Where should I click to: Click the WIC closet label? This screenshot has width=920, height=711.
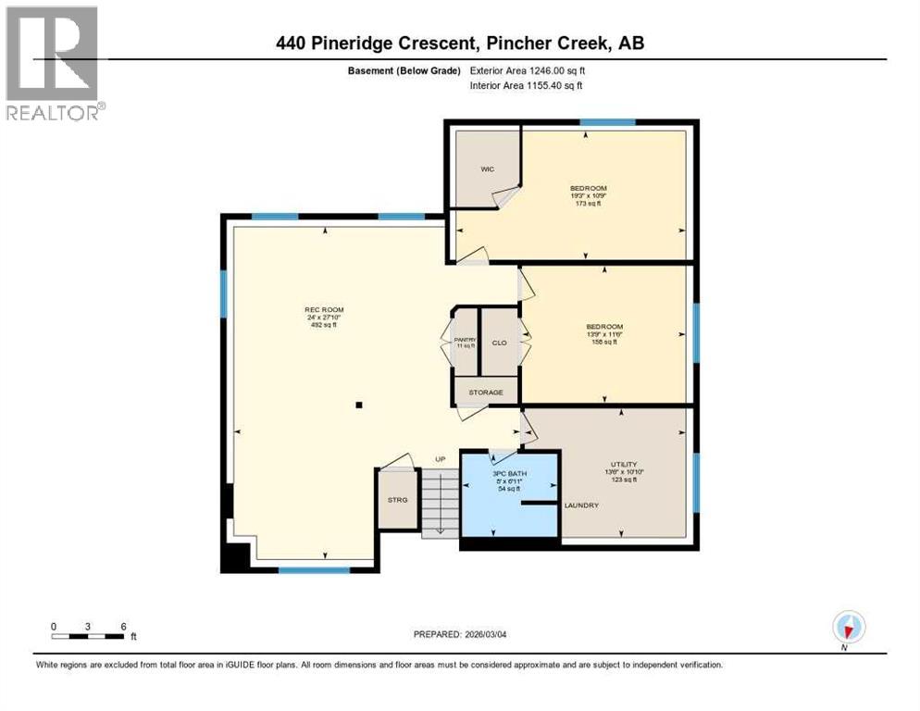(487, 169)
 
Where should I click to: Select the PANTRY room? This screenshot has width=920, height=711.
(466, 342)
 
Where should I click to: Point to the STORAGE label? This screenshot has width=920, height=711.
(486, 393)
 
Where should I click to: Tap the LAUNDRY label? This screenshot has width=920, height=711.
(582, 505)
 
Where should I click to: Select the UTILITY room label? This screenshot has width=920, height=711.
(623, 465)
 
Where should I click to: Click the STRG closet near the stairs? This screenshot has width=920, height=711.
(397, 501)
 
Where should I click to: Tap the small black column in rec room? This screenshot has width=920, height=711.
(359, 405)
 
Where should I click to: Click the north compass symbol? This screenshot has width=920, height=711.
(847, 628)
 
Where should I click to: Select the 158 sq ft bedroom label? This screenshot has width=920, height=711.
(604, 334)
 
